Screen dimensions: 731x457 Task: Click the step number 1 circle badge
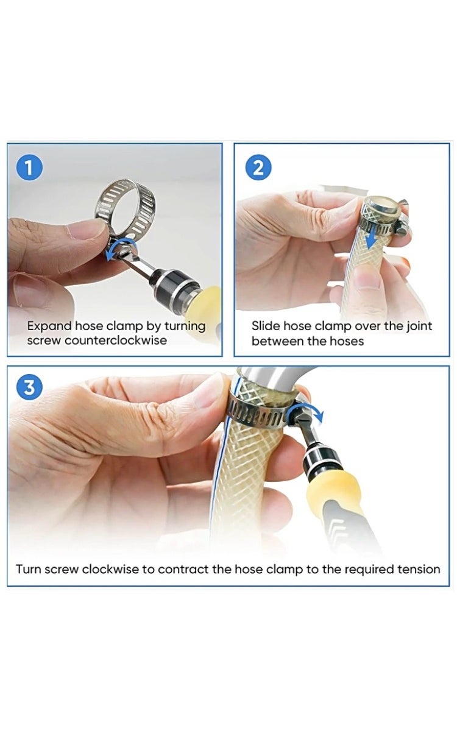[x=31, y=168]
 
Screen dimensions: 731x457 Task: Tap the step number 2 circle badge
[x=258, y=168]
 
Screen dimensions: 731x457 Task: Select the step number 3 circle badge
[x=31, y=387]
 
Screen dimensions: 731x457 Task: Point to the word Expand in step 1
[x=49, y=326]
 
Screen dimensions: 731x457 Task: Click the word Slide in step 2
[x=265, y=326]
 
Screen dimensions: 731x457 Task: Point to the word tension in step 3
[x=419, y=570]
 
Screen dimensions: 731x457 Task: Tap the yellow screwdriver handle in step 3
[x=333, y=494]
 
